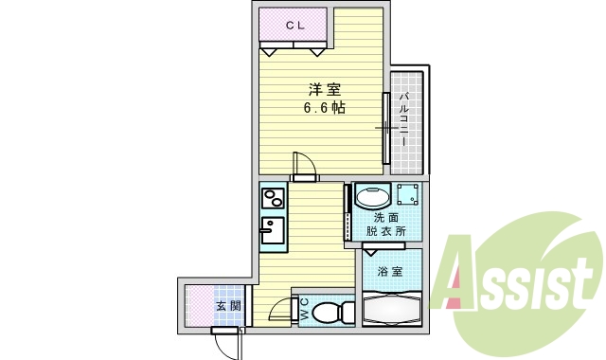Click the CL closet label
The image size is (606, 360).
click(294, 26)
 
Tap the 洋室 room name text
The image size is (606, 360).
click(324, 91)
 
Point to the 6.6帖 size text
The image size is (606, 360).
click(324, 108)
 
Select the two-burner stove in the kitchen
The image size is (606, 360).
click(273, 199)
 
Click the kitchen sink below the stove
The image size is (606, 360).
click(271, 229)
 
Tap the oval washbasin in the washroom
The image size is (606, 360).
click(372, 198)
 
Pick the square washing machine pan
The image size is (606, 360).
click(408, 196)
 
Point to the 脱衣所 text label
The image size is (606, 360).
click(386, 231)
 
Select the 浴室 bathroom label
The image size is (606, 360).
click(390, 272)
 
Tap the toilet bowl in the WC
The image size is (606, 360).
click(330, 311)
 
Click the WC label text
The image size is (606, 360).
click(304, 309)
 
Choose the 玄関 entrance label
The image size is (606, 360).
click(227, 306)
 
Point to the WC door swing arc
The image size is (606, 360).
click(278, 309)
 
